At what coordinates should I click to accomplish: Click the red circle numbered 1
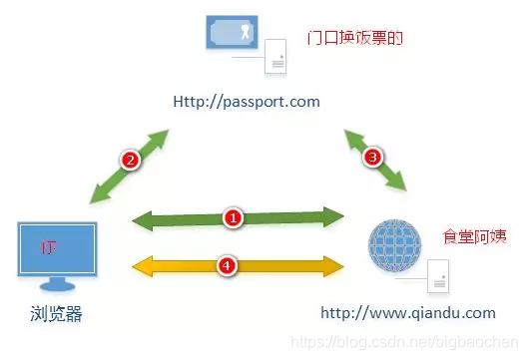click(233, 215)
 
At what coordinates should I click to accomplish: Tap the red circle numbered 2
click(128, 158)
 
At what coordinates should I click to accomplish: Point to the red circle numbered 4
click(228, 265)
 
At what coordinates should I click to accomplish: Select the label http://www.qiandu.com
click(407, 312)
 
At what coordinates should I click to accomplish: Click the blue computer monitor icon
click(57, 249)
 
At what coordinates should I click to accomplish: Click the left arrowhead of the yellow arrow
click(142, 265)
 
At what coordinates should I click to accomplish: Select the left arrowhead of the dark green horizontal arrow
click(142, 216)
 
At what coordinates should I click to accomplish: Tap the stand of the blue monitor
click(56, 287)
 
